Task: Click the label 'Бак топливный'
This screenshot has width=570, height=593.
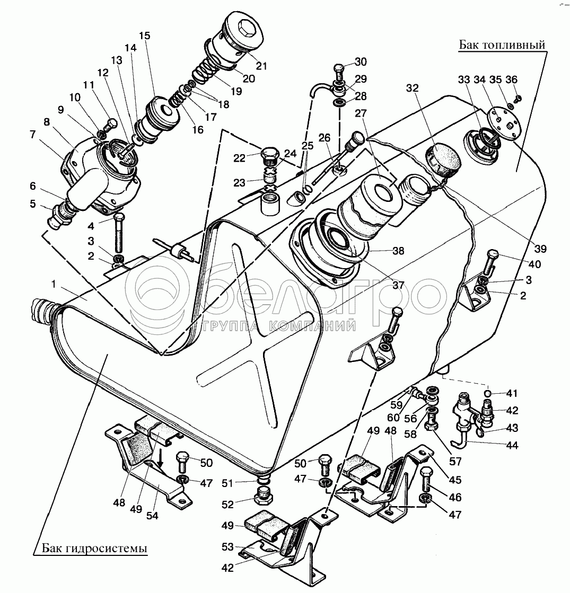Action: (502, 45)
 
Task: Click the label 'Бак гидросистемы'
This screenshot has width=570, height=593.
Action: (94, 548)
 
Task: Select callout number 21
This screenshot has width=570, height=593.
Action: (261, 66)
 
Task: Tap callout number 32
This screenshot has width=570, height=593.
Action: (413, 88)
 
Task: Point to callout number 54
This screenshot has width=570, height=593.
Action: (152, 515)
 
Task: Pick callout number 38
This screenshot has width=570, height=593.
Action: (399, 251)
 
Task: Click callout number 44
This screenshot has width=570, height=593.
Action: (512, 445)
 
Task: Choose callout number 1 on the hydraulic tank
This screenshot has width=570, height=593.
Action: (54, 284)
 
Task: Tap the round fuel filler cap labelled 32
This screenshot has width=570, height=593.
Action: (443, 158)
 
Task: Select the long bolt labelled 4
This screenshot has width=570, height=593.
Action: (119, 233)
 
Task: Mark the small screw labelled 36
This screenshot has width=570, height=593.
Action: (519, 98)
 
